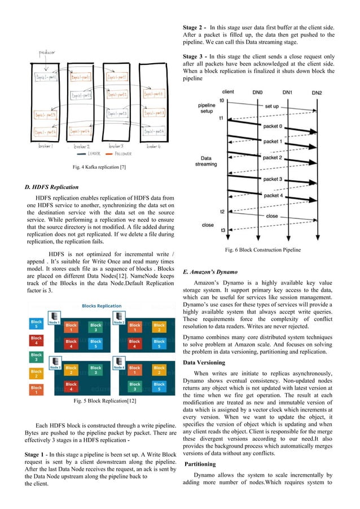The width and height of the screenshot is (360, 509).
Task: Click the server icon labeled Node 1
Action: coord(55,317)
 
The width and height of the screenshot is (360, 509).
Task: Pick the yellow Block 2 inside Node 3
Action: coord(71,370)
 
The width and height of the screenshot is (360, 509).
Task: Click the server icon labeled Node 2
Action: coord(120,317)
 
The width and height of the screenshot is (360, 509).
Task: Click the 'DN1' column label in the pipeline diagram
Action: coord(287,91)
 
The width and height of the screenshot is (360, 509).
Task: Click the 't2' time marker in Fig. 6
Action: coord(222,211)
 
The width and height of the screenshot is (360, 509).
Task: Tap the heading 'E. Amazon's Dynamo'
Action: coord(211,272)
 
